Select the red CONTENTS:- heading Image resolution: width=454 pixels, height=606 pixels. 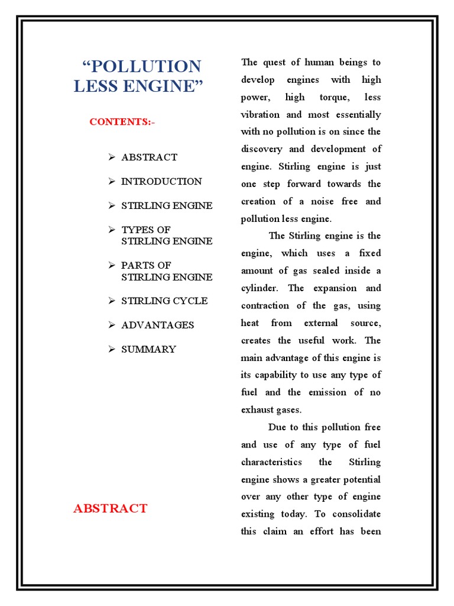122,122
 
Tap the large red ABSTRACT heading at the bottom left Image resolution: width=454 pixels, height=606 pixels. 110,508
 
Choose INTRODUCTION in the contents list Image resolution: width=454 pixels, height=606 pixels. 161,182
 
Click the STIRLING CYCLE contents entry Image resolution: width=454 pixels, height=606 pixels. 164,301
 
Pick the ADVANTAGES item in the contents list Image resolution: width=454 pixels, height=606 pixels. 157,325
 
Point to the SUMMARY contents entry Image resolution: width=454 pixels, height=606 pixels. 148,349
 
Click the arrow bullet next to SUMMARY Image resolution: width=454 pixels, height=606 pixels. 111,349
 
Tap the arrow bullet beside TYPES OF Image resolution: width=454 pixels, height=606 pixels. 111,230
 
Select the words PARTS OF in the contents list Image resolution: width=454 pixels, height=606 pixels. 146,265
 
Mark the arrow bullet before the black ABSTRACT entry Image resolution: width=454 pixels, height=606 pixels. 111,157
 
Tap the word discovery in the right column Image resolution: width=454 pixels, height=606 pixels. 262,149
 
